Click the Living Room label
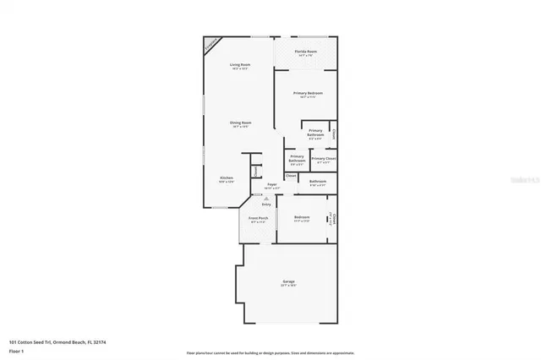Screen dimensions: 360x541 [240, 64]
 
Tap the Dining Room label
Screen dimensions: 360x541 [240, 123]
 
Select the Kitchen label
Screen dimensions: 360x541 [227, 177]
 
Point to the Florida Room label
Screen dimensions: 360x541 [306, 52]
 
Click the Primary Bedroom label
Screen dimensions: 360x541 [308, 93]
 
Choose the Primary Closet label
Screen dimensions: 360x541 [324, 158]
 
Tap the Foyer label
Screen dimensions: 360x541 [272, 184]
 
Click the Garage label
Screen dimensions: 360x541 [289, 281]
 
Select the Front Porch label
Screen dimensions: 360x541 [259, 219]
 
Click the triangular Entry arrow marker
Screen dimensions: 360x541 [265, 198]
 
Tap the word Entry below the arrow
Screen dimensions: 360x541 [265, 204]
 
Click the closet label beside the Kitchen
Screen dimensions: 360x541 [254, 169]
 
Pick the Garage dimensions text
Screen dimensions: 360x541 [289, 286]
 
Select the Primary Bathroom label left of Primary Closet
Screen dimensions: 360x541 [297, 158]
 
